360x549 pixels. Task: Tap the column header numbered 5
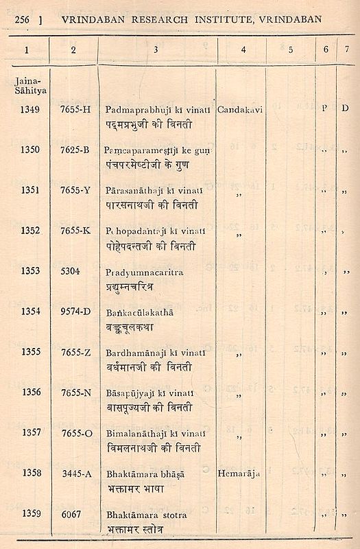point(290,49)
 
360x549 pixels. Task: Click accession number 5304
point(70,270)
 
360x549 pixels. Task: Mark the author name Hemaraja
point(241,473)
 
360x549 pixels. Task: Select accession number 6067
point(70,513)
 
